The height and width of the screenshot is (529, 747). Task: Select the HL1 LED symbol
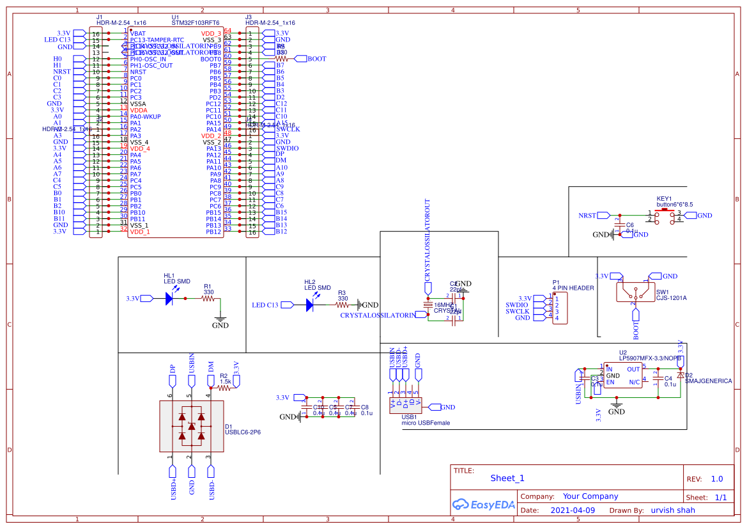[169, 298]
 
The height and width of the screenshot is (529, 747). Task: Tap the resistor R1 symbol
[208, 298]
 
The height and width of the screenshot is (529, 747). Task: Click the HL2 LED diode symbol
[309, 305]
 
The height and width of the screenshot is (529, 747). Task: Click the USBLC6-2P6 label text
[242, 432]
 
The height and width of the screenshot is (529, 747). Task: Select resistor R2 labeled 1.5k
[224, 386]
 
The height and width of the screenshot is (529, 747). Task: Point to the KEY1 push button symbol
[665, 216]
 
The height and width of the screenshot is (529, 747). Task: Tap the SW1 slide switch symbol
[635, 292]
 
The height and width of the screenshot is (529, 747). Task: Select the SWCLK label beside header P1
[517, 312]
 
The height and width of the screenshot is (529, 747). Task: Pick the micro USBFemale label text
[425, 423]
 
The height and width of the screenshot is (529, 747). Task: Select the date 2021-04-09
[572, 510]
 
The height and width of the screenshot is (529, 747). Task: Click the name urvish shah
[673, 510]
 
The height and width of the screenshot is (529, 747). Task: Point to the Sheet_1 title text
[507, 478]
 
